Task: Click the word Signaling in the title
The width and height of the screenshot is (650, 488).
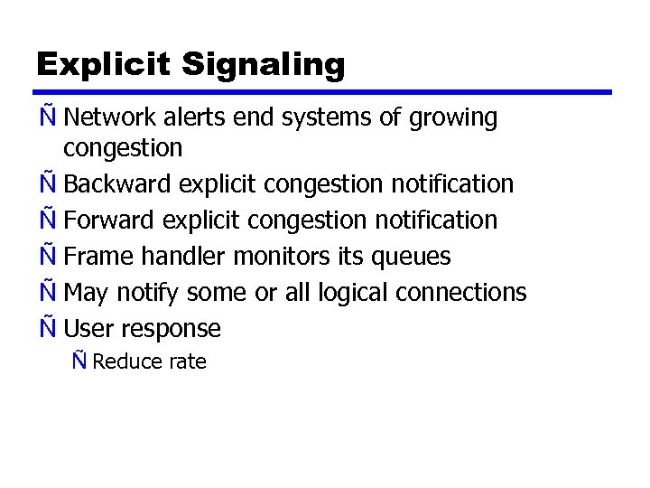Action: tap(264, 65)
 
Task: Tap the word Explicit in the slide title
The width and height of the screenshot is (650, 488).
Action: tap(104, 65)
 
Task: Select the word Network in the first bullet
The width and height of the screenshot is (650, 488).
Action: tap(109, 117)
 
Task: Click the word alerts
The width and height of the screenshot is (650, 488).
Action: tap(191, 117)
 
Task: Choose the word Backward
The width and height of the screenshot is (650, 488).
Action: tap(119, 183)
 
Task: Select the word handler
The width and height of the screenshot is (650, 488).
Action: tap(181, 256)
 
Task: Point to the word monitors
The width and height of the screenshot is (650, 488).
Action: tap(283, 256)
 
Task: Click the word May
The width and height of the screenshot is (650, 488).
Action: tap(87, 294)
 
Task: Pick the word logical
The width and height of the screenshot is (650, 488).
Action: tap(348, 294)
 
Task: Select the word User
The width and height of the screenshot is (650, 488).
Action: tap(88, 329)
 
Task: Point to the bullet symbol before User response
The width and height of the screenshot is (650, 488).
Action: tap(48, 327)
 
